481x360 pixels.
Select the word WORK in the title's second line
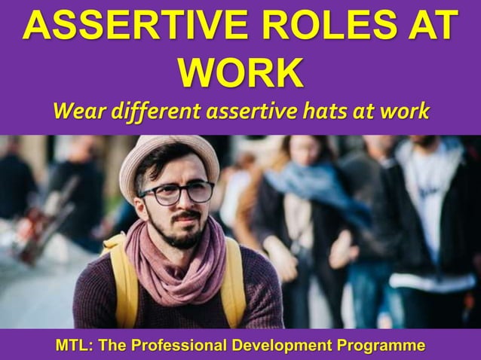[x=240, y=74]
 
